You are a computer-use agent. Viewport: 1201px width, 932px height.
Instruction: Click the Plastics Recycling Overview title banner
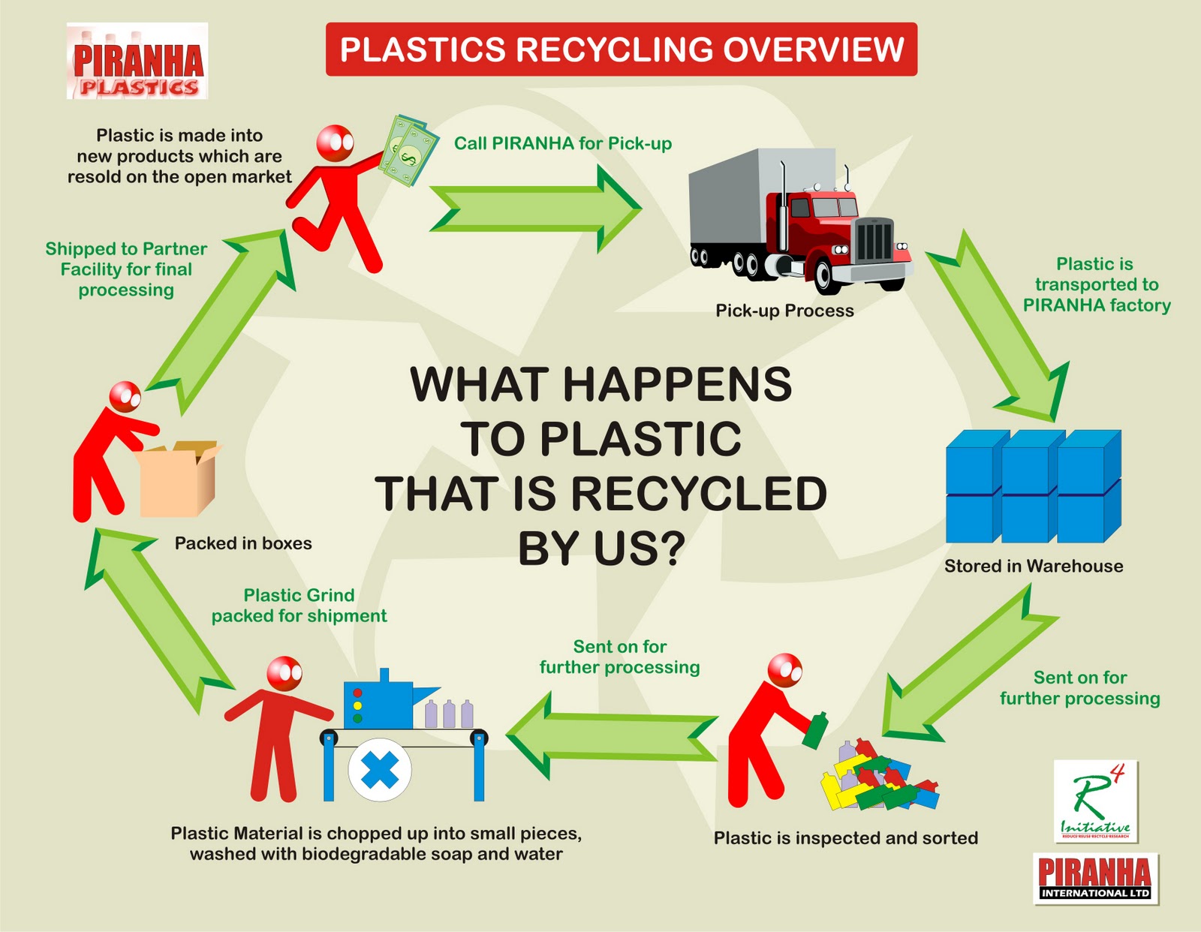(x=621, y=50)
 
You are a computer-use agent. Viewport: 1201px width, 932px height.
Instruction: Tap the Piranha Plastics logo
(x=137, y=62)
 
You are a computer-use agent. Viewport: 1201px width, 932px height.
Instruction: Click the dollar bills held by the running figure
(x=407, y=150)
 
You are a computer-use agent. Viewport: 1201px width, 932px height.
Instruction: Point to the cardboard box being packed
(x=179, y=480)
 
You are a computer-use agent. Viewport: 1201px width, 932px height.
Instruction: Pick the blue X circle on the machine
(x=380, y=770)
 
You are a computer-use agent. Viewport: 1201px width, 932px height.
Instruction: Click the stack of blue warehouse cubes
(x=1033, y=486)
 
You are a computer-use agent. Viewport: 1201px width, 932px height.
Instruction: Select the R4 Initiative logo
(x=1095, y=801)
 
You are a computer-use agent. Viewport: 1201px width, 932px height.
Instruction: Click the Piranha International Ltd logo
(x=1095, y=878)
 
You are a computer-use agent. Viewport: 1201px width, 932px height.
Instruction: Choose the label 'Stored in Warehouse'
(x=1033, y=567)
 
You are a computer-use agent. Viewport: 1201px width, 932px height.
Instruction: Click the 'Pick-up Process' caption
(x=784, y=311)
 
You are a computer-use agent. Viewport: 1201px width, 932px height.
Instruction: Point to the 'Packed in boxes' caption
(x=243, y=543)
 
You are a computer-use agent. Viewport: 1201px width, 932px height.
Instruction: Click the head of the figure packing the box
(x=125, y=395)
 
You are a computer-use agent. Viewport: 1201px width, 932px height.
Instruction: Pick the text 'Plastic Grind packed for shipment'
(x=299, y=606)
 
